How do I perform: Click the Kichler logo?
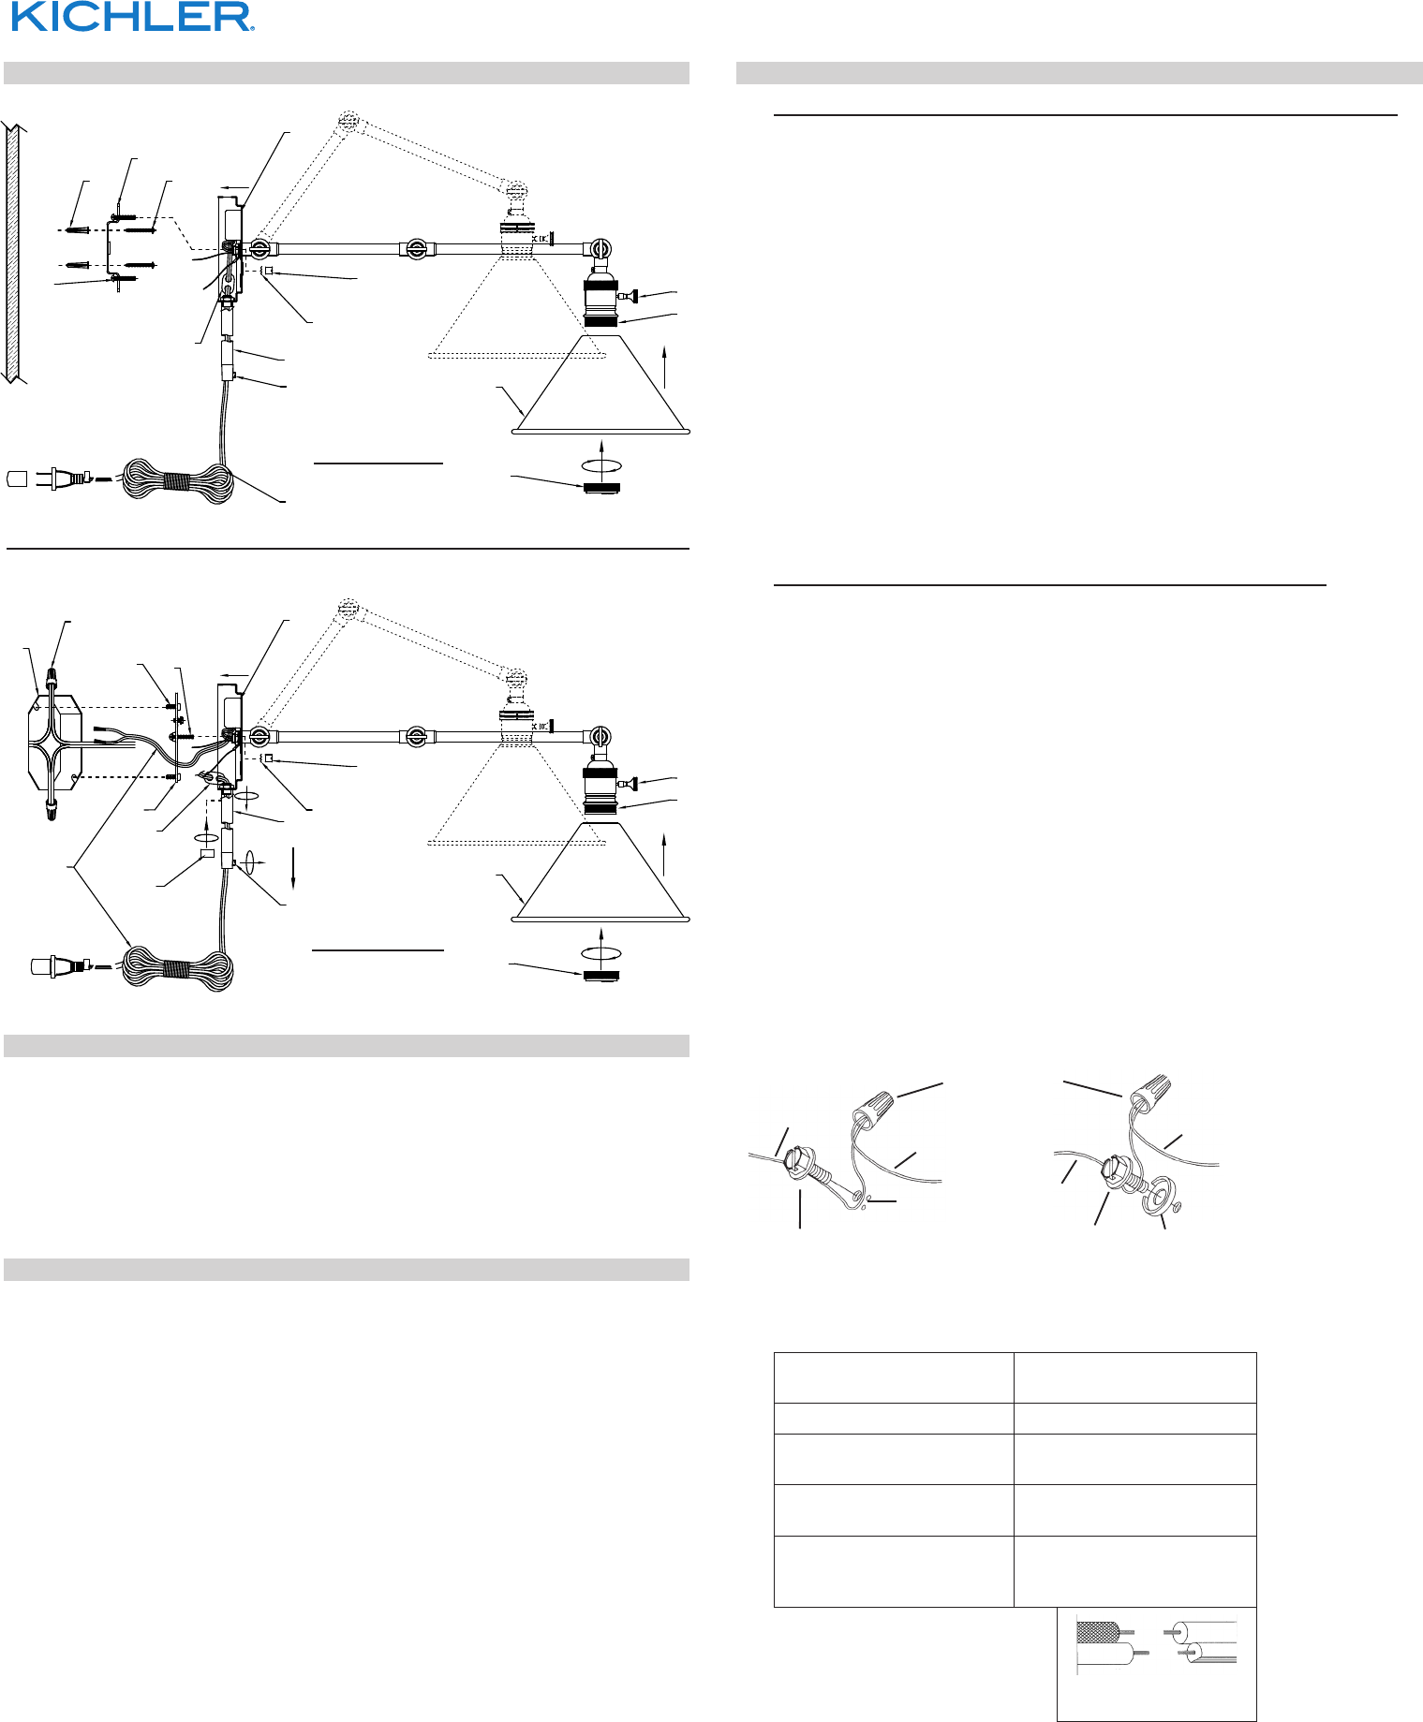pyautogui.click(x=132, y=17)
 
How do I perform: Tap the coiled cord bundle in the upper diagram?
pyautogui.click(x=179, y=480)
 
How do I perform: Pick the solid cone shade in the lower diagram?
pyautogui.click(x=601, y=874)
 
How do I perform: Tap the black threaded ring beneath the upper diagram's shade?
pyautogui.click(x=601, y=487)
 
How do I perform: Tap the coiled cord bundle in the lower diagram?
pyautogui.click(x=179, y=968)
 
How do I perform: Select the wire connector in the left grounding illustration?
pyautogui.click(x=873, y=1107)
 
